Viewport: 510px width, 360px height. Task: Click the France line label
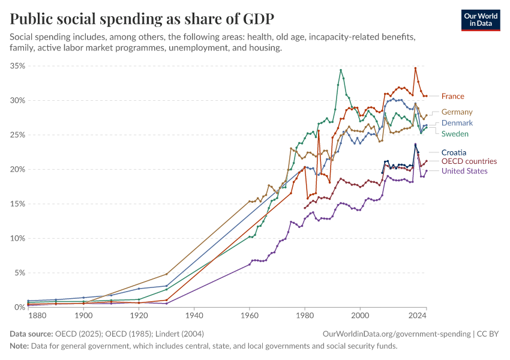(452, 96)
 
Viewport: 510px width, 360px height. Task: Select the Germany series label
(457, 112)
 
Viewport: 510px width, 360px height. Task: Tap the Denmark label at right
(457, 123)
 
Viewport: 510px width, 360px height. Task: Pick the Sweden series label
(455, 133)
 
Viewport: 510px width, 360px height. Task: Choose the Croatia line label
(454, 152)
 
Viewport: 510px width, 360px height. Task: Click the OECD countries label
(469, 161)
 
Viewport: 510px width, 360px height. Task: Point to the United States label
(464, 171)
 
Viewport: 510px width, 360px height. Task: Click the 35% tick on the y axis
(17, 65)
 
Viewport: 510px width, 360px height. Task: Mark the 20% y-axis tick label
(17, 169)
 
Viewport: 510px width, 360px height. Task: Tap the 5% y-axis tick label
(19, 272)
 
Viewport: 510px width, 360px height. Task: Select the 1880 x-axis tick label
(37, 316)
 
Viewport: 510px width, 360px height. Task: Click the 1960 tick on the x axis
(250, 316)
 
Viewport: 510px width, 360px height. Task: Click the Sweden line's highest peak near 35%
(341, 70)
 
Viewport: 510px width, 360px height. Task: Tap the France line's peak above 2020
(415, 68)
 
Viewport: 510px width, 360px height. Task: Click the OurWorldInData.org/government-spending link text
(396, 334)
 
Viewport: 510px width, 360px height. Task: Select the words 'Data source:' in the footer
(31, 334)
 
